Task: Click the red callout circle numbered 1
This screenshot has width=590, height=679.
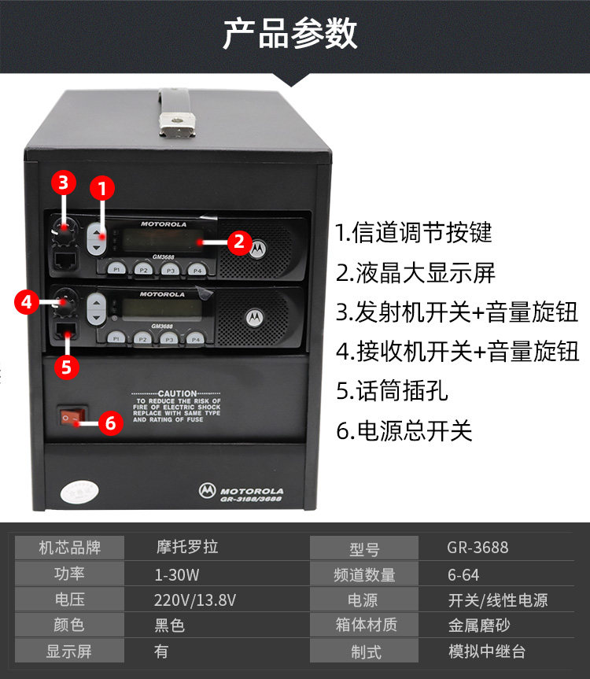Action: [x=101, y=189]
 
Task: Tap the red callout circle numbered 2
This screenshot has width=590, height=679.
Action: [x=240, y=242]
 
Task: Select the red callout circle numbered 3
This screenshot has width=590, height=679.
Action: [x=65, y=183]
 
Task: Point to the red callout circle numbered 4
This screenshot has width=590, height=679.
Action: [x=26, y=300]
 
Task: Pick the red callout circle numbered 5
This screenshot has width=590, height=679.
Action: [x=66, y=367]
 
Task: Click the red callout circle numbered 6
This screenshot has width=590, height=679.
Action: [x=110, y=423]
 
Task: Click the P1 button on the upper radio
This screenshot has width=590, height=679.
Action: [x=116, y=269]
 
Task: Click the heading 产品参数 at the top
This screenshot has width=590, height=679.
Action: [x=290, y=35]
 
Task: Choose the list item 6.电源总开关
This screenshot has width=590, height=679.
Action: [x=404, y=430]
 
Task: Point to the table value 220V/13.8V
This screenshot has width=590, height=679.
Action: [x=195, y=600]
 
